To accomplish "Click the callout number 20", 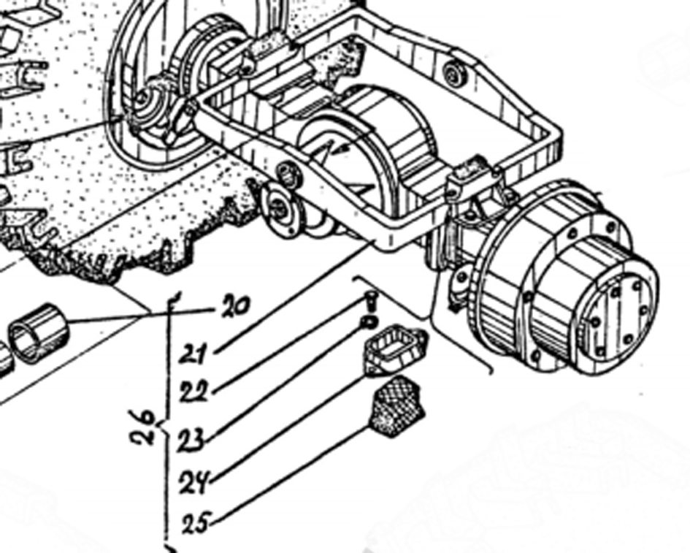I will coord(234,305).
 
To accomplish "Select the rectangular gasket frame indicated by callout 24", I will coord(395,349).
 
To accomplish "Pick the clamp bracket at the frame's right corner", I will coord(473,180).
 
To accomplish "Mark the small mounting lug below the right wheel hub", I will coord(460,282).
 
